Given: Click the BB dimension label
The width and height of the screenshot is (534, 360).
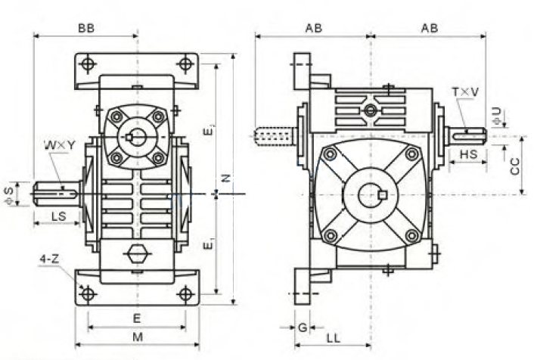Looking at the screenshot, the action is point(86,28).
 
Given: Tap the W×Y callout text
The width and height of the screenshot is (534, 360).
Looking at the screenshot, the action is point(59,145).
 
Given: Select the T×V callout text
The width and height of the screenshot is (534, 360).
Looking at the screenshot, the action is point(465,92).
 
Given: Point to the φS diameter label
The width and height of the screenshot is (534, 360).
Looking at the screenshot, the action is point(9,195).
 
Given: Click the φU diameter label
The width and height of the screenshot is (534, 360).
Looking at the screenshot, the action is point(497,116).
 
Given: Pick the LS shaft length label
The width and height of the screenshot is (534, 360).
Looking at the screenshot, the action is point(58,216).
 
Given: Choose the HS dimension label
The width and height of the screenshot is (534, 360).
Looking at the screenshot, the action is point(469,154).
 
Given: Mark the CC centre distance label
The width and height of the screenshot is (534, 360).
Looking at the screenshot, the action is point(515,166).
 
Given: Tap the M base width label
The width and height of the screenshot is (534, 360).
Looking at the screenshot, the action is point(138,337).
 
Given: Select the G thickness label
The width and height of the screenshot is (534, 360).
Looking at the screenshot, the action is point(303,327).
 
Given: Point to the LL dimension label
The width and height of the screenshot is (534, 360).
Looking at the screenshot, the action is point(334,338).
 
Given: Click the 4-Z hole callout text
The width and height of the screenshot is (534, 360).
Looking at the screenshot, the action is point(49,259).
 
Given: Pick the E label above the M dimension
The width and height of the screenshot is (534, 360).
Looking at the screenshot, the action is point(137,318).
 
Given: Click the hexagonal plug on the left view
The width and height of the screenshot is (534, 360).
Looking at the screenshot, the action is point(137,253).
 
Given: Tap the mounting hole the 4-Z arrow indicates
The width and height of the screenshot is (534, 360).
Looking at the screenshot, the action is point(88,293).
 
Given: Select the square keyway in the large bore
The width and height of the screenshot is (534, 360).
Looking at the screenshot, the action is point(383,194).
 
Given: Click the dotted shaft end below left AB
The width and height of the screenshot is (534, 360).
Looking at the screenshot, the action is point(275,136).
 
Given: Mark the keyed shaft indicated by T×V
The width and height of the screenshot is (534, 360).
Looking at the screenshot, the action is point(465,136).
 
